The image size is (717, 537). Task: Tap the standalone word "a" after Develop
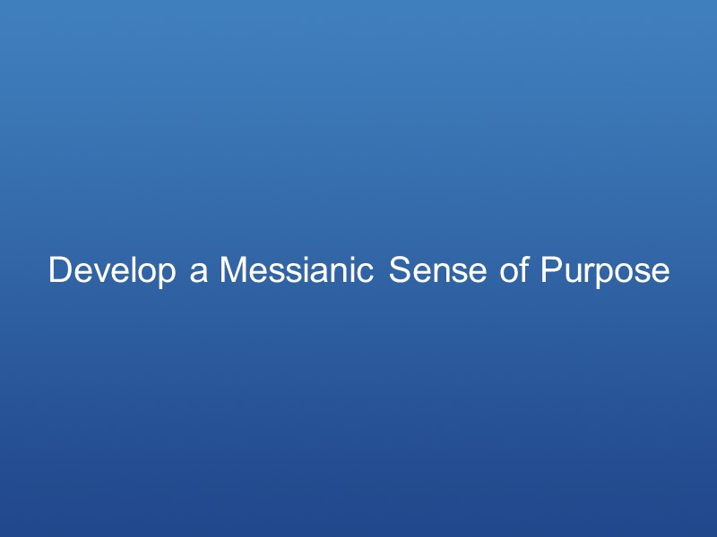click(x=198, y=271)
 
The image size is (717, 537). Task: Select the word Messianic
click(x=297, y=270)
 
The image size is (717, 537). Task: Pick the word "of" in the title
click(x=515, y=270)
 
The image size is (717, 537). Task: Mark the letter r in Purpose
click(x=585, y=272)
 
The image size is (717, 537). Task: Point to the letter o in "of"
click(x=510, y=272)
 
